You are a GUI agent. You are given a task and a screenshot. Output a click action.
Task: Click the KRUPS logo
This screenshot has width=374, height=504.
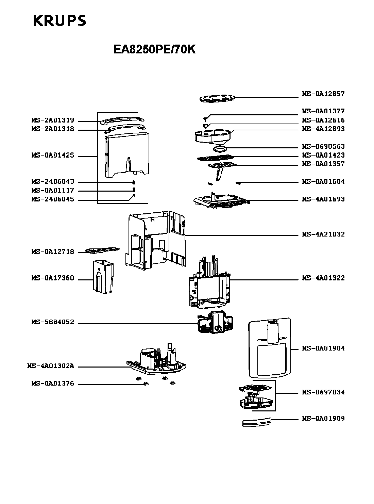60,21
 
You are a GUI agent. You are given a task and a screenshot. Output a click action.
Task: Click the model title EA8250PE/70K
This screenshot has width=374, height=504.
154,50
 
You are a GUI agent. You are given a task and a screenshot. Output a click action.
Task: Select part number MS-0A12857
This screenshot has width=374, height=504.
323,94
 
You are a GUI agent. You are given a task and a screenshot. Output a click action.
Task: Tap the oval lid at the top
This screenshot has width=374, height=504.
217,99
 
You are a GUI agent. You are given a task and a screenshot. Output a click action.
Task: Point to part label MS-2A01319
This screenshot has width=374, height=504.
53,120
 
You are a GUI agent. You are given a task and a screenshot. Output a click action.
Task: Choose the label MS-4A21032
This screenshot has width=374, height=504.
323,234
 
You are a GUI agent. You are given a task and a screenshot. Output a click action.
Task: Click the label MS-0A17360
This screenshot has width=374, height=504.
53,278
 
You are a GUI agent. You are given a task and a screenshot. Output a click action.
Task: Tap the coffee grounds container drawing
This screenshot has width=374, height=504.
104,276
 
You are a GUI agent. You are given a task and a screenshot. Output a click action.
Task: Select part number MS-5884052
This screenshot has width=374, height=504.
53,322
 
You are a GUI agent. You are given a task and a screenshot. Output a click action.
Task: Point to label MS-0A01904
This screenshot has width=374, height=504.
323,348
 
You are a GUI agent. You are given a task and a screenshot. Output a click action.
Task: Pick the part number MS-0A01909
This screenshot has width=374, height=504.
323,418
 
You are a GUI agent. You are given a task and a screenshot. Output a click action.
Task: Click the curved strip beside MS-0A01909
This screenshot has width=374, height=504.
257,422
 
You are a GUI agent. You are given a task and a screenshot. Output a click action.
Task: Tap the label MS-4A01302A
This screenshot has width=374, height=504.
50,367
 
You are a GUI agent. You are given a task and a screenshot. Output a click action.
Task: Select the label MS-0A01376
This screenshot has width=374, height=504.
53,384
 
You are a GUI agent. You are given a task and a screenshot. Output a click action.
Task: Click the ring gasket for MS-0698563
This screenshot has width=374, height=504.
220,149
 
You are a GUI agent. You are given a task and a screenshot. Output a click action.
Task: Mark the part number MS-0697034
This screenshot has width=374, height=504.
323,392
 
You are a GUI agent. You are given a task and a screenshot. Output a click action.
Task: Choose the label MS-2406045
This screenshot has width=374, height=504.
53,199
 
